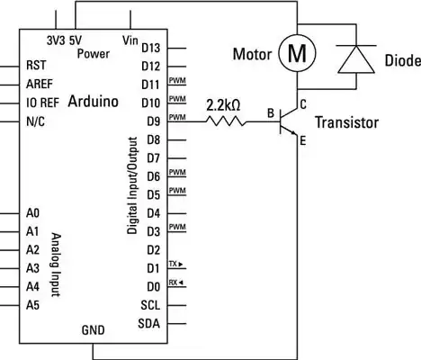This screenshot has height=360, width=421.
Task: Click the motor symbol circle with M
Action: point(295,54)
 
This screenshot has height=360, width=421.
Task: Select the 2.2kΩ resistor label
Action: point(223,104)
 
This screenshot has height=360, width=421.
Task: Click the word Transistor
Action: point(347,122)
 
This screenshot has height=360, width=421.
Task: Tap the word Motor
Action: point(252,54)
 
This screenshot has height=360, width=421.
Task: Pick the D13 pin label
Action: point(151,47)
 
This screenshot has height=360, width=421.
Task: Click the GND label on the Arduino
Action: point(94,329)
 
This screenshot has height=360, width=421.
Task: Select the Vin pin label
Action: point(130,40)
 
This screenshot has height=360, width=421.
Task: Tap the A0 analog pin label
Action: point(33,213)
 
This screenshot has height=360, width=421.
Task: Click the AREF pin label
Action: point(39,84)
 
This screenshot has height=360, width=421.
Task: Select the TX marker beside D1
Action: point(175,265)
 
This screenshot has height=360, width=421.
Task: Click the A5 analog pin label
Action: point(33,305)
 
